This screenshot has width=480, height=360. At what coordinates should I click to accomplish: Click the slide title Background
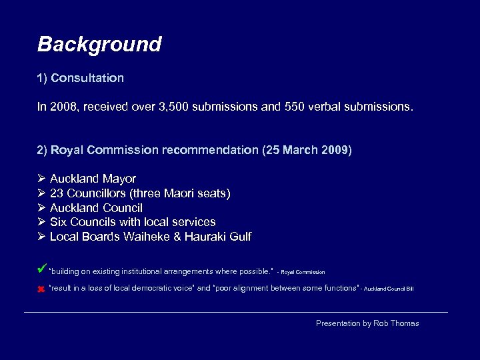point(99,45)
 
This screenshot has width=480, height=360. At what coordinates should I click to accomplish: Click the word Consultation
point(87,78)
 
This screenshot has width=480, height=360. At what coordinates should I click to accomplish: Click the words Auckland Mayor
point(93,179)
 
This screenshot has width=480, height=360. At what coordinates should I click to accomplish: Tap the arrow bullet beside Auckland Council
point(41,208)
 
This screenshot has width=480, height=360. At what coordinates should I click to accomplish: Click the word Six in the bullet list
point(59,222)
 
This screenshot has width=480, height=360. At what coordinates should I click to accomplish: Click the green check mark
point(41,269)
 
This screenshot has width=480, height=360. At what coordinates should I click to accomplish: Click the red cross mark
point(41,289)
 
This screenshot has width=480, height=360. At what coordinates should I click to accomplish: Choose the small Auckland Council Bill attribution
point(387,289)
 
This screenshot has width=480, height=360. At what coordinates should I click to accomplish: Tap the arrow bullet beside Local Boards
point(41,237)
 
